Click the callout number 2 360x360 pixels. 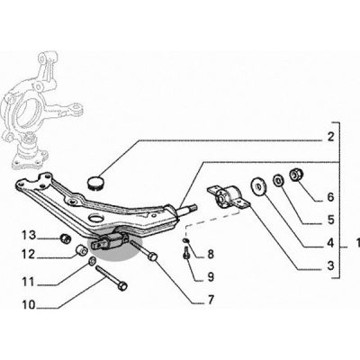(x=330, y=137)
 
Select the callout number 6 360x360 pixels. (x=330, y=197)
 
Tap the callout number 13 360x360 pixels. (x=29, y=236)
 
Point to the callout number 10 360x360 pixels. (x=29, y=305)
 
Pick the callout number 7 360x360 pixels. (x=211, y=299)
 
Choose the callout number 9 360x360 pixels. (x=211, y=276)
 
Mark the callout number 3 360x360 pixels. (x=330, y=265)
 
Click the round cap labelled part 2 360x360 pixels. (x=96, y=182)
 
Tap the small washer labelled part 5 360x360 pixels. (x=279, y=181)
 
